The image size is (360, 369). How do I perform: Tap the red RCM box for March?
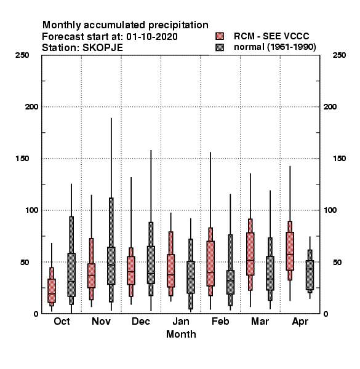[x=250, y=254]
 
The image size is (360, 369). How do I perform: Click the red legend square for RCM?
[x=220, y=36]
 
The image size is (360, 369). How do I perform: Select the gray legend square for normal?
[x=220, y=47]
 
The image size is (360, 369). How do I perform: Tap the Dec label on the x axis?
[x=141, y=322]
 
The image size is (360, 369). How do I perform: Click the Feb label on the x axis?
[x=220, y=322]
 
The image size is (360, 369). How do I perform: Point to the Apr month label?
[x=300, y=322]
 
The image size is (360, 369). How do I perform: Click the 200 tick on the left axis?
[x=31, y=107]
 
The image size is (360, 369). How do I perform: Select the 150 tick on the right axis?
[x=339, y=159]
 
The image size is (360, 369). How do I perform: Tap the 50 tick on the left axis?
[x=25, y=262]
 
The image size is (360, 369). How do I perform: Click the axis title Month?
[x=181, y=334]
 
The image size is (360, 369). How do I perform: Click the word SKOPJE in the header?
[x=103, y=48]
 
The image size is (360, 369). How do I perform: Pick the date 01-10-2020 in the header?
[x=152, y=37]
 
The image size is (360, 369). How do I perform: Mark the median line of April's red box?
[x=290, y=254]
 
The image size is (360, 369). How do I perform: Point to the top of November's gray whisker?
[x=111, y=118]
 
